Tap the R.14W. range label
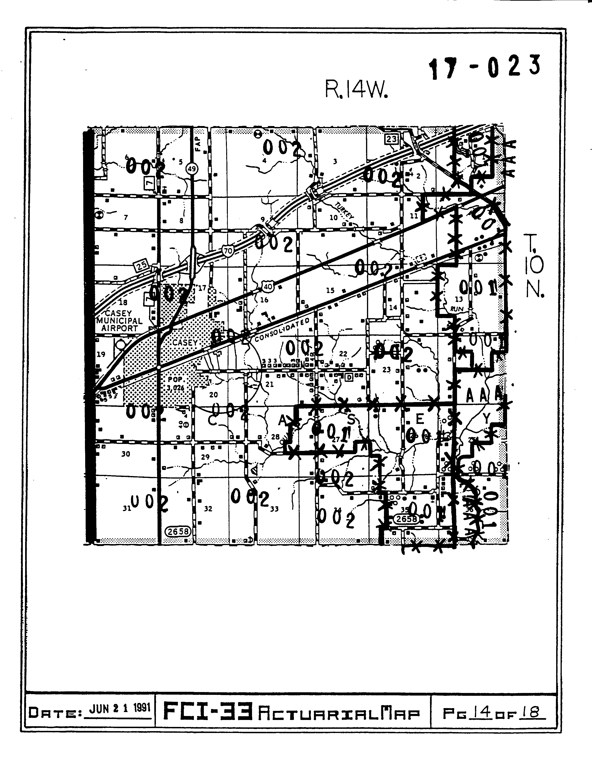coord(357,91)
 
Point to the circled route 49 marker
coord(192,169)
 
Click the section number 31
coord(127,508)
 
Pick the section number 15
coord(330,290)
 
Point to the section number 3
coord(335,161)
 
